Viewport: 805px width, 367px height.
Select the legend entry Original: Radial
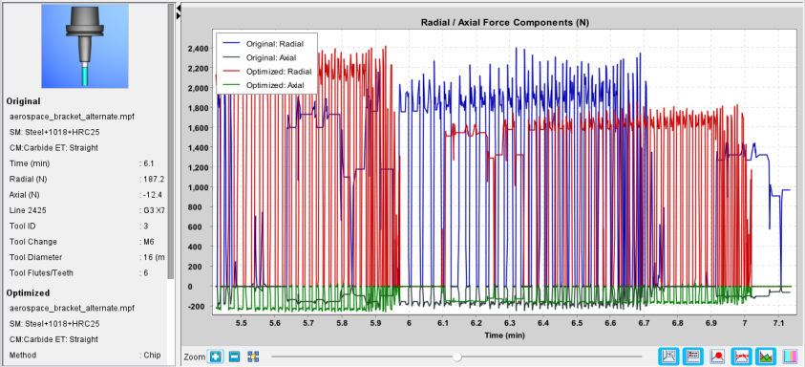click(275, 44)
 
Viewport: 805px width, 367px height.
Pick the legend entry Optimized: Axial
click(275, 85)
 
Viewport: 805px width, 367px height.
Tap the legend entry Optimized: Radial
click(277, 72)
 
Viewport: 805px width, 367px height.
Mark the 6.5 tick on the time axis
click(577, 323)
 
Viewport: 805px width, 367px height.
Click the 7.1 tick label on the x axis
click(778, 323)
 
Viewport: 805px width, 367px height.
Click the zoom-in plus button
click(216, 356)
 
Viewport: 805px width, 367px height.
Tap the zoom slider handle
click(456, 356)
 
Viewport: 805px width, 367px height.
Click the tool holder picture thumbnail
click(85, 46)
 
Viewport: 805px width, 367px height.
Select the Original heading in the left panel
click(24, 101)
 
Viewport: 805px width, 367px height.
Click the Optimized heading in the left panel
click(28, 292)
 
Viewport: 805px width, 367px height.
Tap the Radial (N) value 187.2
click(152, 179)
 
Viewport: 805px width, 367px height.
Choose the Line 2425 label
click(26, 210)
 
